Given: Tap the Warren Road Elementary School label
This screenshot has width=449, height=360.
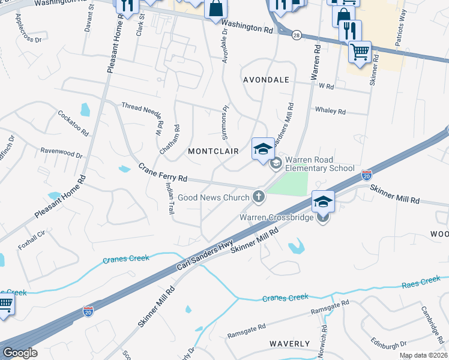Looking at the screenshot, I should pyautogui.click(x=319, y=164).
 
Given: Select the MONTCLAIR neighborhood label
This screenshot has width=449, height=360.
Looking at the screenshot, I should pyautogui.click(x=213, y=151).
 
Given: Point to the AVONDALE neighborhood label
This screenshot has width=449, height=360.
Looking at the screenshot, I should pyautogui.click(x=266, y=80).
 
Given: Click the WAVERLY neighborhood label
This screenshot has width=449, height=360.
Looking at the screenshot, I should pyautogui.click(x=290, y=344).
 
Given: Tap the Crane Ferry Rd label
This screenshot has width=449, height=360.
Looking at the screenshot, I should pyautogui.click(x=163, y=173).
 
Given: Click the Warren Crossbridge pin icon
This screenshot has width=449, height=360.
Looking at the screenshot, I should pyautogui.click(x=323, y=217).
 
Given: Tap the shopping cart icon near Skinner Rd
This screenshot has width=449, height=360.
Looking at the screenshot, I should pyautogui.click(x=360, y=52).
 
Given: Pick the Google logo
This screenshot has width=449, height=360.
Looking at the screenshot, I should pyautogui.click(x=20, y=352).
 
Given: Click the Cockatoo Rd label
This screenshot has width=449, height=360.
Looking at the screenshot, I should pyautogui.click(x=73, y=122).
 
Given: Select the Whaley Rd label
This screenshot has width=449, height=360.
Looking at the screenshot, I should pyautogui.click(x=330, y=111).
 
